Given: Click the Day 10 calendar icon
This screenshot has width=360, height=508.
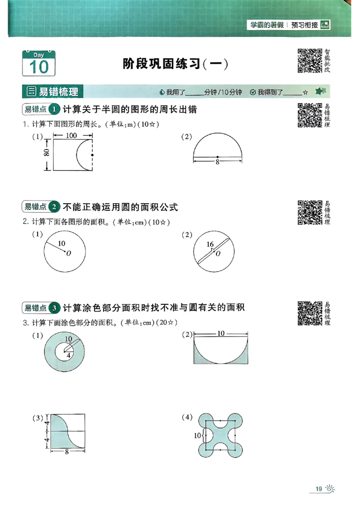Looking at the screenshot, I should pos(39,63).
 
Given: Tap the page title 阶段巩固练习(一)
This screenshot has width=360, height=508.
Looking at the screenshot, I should pos(175,64).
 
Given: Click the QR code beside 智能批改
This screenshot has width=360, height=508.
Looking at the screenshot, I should pos(310,61).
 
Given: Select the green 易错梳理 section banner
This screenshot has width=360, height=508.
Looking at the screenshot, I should pos(53,92).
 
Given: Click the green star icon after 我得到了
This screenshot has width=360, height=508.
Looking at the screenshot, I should pos(320,92).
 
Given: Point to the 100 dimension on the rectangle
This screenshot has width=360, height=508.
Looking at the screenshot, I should pos(71,135).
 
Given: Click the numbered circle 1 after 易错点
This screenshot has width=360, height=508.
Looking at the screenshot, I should pos(54,109).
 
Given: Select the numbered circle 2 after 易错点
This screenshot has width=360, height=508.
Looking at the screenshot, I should pos(54,207).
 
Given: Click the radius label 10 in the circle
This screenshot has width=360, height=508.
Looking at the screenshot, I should pos(62,243).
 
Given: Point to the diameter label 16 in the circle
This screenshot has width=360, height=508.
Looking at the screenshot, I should pos(210,245).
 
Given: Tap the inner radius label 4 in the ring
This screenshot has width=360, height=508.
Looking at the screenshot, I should pos(68,355).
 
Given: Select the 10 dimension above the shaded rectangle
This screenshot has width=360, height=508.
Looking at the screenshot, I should pos(221,334).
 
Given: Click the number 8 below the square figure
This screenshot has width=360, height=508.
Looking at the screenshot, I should pos(67,452).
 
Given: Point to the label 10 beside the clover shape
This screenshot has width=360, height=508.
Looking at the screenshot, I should pos(197,436).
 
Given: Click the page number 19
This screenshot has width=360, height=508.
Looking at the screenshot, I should pos(318,489).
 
